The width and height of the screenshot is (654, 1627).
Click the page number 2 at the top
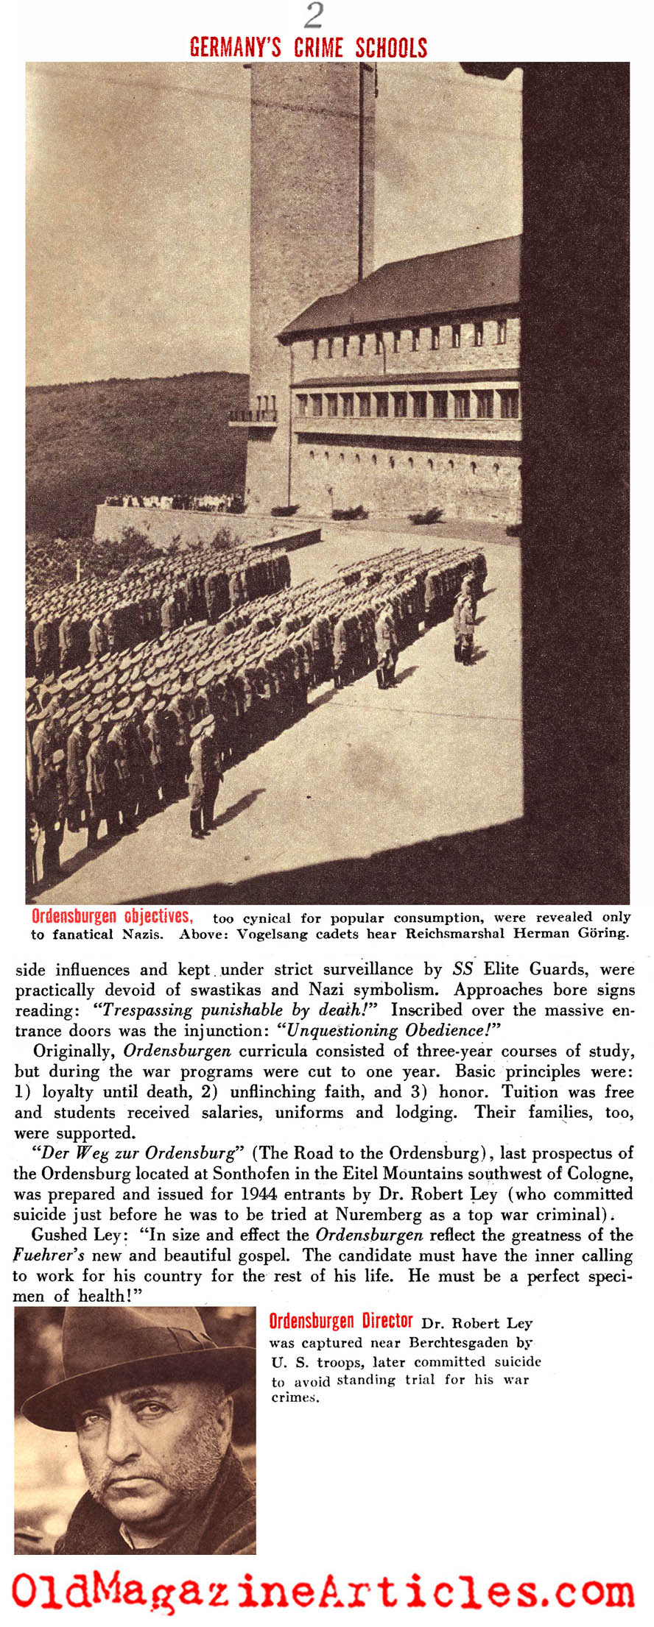pos(314,15)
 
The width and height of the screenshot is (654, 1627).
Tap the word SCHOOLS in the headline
pos(391,48)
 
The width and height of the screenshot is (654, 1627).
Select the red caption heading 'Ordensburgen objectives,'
pos(112,916)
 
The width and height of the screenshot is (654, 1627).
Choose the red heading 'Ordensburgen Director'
pos(340,1321)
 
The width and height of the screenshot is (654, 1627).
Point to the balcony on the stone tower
pos(253,415)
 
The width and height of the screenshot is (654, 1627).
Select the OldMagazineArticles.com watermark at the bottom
pos(323,1592)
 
